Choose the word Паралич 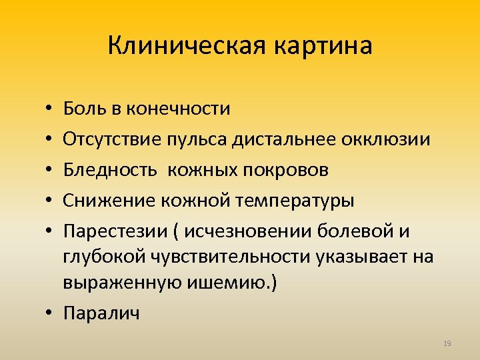tap(102, 313)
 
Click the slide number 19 tap(447, 343)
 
